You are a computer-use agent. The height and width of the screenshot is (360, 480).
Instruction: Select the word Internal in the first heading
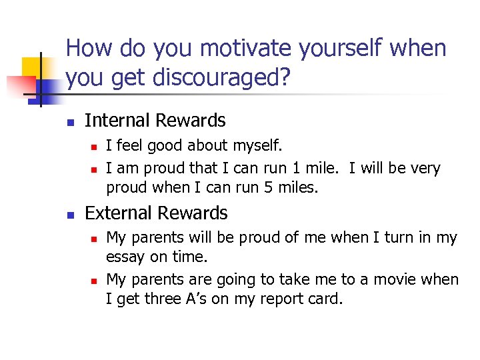[x=115, y=121]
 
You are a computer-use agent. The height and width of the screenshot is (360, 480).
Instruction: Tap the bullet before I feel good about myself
[x=95, y=146]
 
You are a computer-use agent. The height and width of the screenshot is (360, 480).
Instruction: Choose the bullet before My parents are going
[x=95, y=279]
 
